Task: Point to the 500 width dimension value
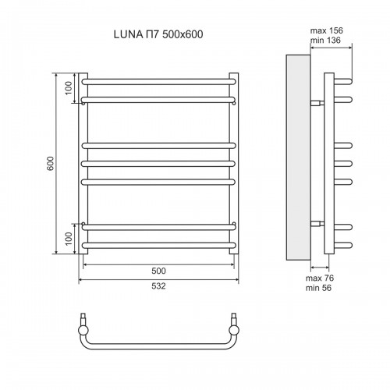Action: coord(159,271)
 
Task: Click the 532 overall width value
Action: coord(159,286)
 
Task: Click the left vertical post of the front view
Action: coord(81,164)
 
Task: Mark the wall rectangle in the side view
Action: coord(298,156)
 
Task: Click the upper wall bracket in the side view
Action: coord(317,102)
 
